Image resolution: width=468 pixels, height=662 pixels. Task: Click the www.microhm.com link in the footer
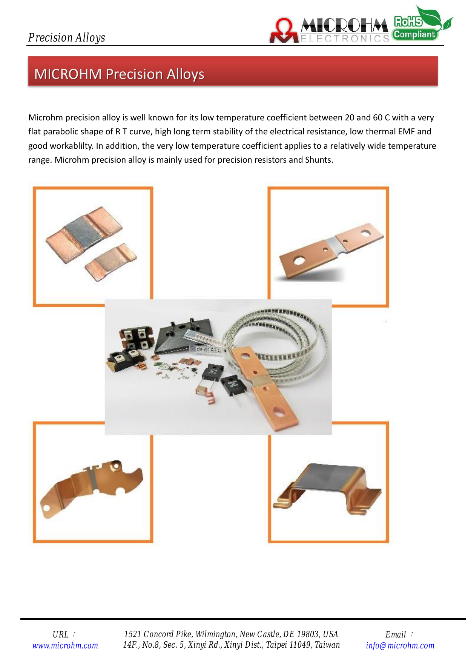65,645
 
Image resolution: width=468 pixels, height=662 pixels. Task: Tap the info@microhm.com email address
400,645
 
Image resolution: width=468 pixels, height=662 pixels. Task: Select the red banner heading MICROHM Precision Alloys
119,74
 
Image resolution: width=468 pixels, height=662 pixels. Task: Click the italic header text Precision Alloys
67,37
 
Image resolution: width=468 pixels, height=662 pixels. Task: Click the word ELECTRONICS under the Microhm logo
345,38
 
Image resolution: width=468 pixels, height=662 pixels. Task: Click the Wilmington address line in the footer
231,634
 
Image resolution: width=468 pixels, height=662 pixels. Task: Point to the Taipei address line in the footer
231,645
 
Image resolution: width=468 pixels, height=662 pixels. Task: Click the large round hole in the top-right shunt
299,260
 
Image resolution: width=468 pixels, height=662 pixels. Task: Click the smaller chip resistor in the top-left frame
110,262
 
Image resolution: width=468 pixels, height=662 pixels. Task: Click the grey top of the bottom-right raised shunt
327,477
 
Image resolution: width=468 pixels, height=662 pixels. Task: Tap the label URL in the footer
61,634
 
